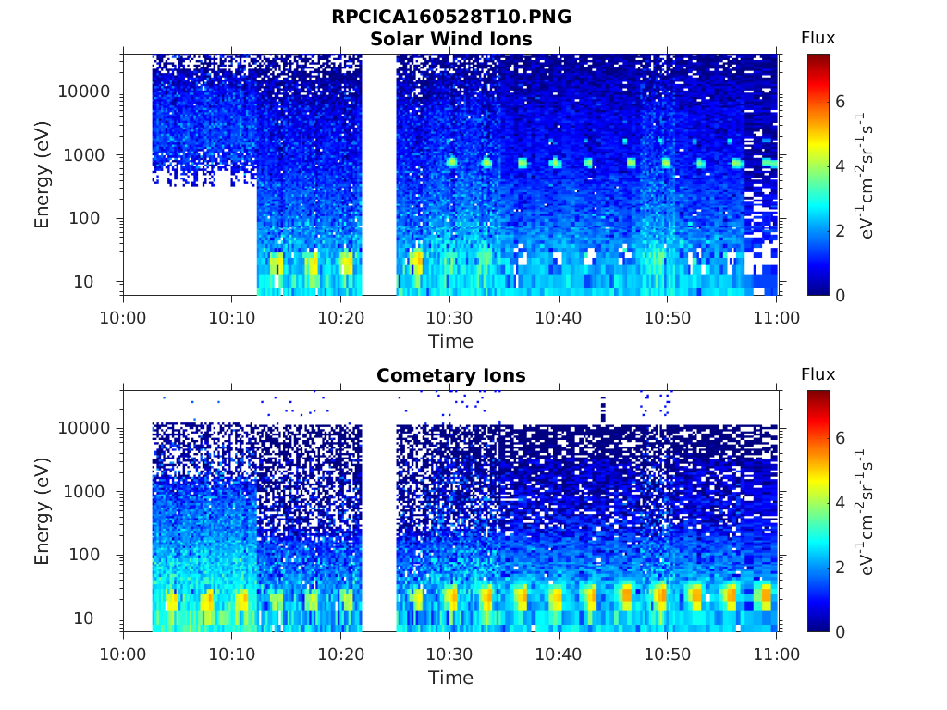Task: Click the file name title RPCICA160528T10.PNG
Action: click(451, 17)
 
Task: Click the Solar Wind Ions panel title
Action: click(451, 39)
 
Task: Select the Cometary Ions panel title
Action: click(451, 375)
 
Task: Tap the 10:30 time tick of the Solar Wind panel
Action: click(449, 318)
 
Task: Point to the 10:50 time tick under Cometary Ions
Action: click(668, 654)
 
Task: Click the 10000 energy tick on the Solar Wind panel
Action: click(84, 92)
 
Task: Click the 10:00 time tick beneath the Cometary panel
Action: click(123, 654)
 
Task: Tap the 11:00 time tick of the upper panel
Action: click(777, 318)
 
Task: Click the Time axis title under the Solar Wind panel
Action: click(450, 341)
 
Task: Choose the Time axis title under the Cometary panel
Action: click(450, 678)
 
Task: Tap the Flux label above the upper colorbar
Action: click(818, 38)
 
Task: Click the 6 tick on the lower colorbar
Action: click(840, 437)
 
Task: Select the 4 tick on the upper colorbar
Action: click(840, 166)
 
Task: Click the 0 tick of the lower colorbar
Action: click(840, 631)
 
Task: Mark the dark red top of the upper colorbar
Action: click(818, 58)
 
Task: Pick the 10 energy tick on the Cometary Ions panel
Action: click(83, 618)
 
